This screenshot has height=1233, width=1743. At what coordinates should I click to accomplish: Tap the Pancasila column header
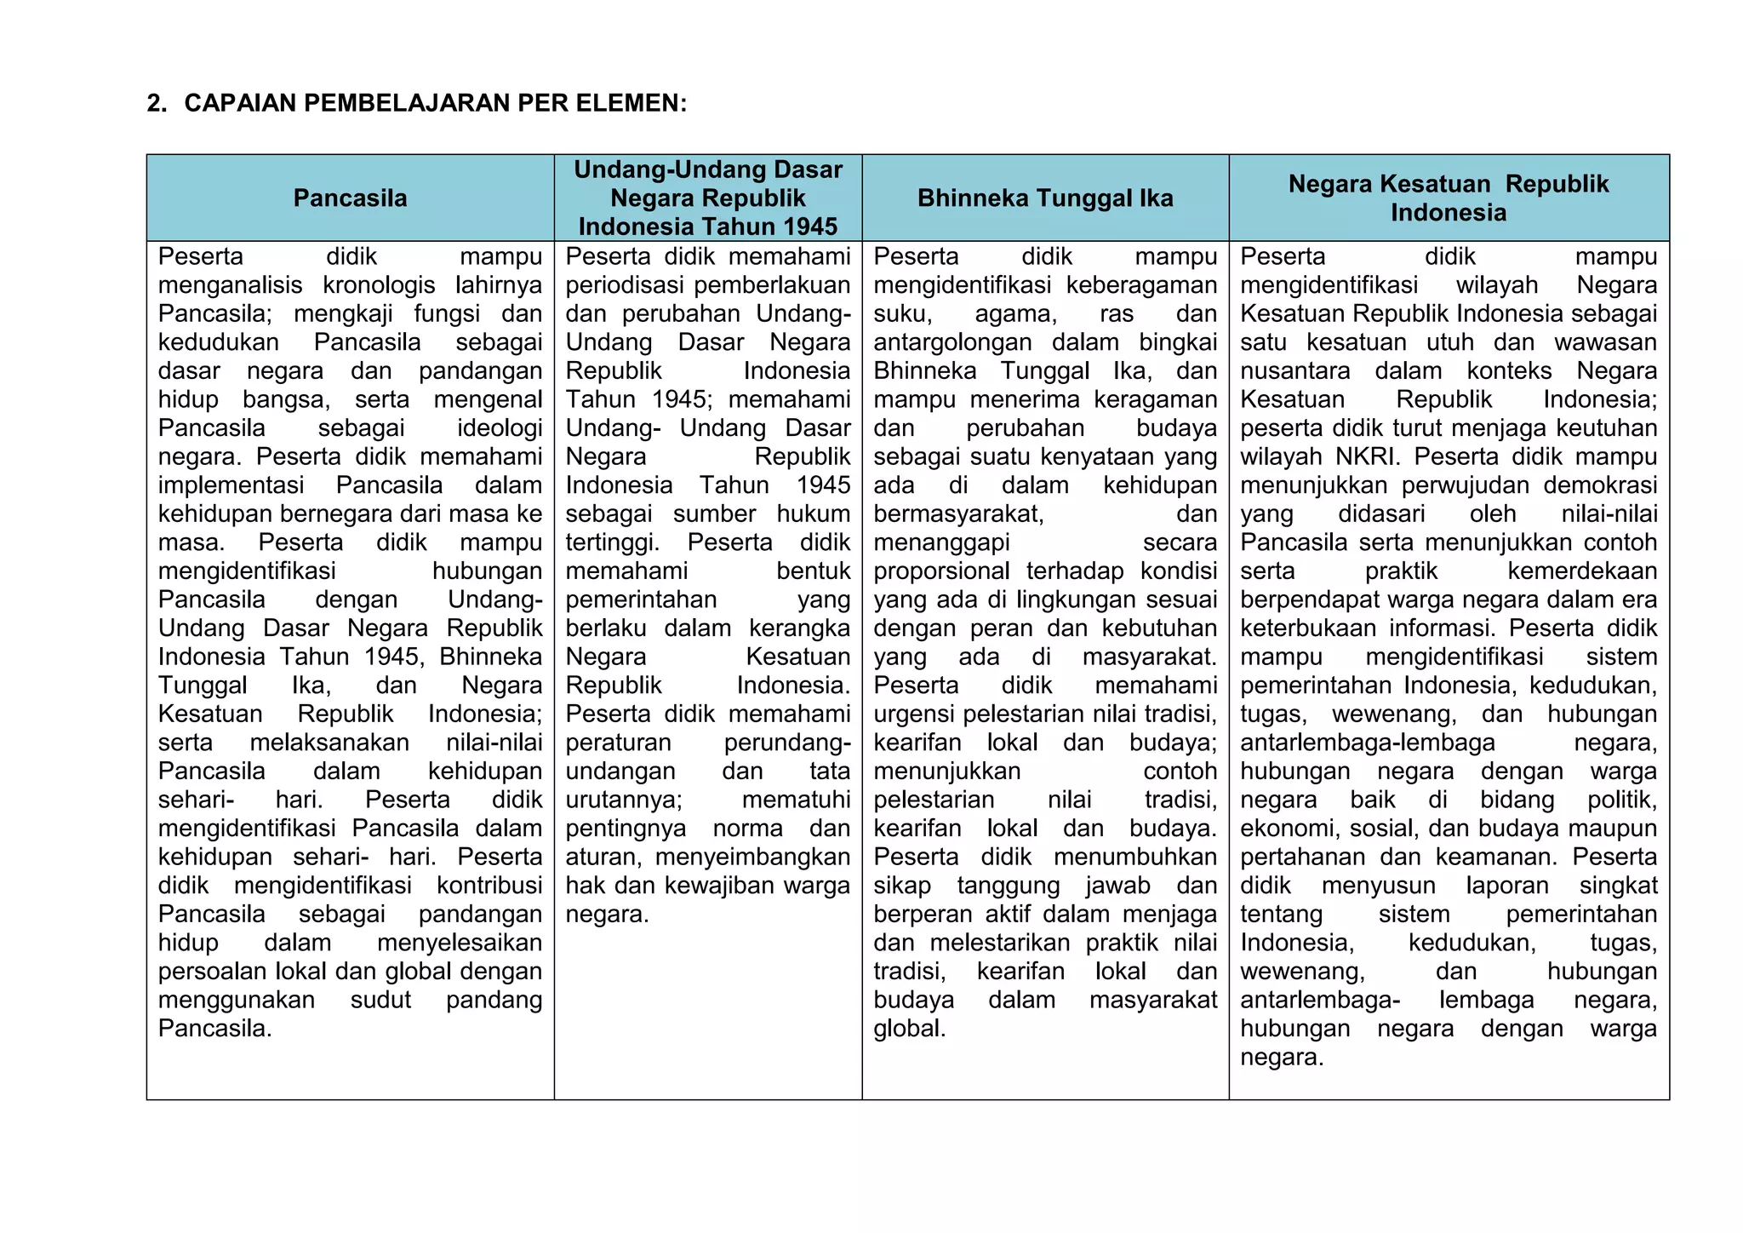350,198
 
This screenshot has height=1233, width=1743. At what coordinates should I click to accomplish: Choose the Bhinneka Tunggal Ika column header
1045,198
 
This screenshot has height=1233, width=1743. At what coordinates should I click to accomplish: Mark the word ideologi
499,428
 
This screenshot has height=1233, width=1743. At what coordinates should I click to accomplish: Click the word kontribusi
489,886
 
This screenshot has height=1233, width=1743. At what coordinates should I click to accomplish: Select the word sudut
380,1000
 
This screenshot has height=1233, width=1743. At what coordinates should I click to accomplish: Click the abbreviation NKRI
1367,457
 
